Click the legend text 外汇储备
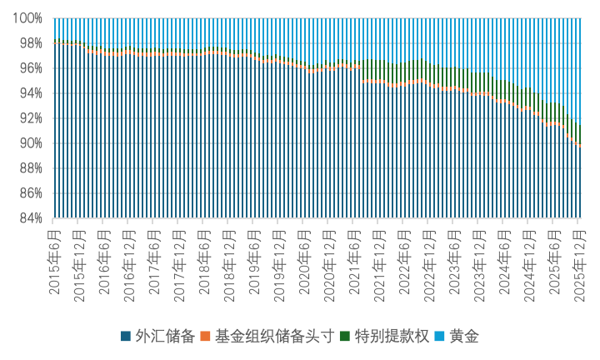click(x=164, y=337)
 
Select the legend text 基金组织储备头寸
click(x=274, y=337)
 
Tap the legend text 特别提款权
click(x=392, y=337)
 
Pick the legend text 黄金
click(x=464, y=337)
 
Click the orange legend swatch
click(x=207, y=337)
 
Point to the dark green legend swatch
click(x=347, y=337)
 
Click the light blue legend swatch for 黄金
click(x=442, y=337)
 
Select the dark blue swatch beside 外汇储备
click(x=125, y=337)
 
